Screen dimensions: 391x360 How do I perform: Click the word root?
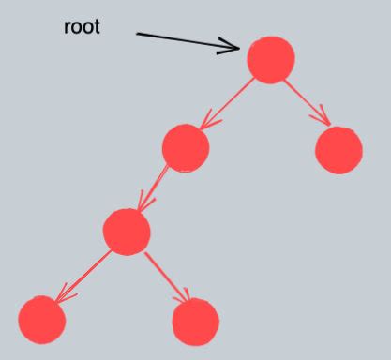82,26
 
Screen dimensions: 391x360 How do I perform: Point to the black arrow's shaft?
183,39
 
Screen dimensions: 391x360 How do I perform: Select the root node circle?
271,60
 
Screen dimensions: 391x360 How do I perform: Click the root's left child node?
185,147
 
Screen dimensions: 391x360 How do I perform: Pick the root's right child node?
338,149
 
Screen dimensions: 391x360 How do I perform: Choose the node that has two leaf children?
127,231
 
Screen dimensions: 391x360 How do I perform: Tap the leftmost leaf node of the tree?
42,319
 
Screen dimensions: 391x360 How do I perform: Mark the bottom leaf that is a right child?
196,321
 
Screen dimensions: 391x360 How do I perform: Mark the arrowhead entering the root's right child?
323,119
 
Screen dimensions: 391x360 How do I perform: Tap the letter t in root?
97,26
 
